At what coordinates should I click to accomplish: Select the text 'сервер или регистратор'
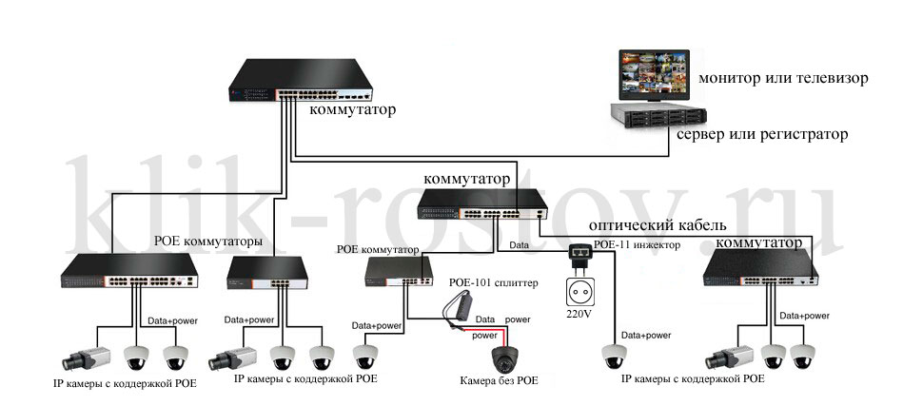point(761,135)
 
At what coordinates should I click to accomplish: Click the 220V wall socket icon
point(578,288)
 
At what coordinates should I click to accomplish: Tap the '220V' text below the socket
point(578,314)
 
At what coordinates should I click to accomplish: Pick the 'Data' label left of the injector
point(520,244)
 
